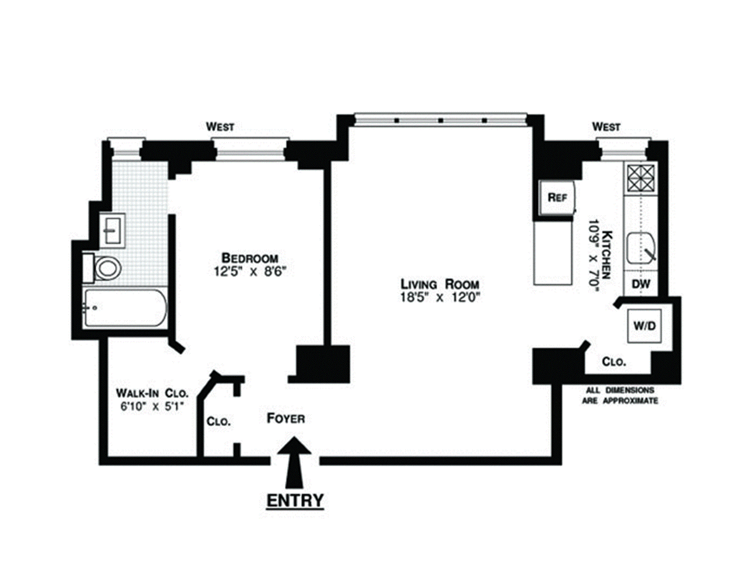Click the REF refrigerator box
click(x=557, y=198)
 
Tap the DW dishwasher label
click(x=641, y=283)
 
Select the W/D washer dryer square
click(x=644, y=326)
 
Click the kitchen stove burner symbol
click(x=641, y=178)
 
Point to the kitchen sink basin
click(x=641, y=249)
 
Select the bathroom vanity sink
click(x=112, y=231)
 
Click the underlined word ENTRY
click(x=295, y=501)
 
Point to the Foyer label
click(x=286, y=419)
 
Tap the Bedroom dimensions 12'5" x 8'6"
click(x=250, y=271)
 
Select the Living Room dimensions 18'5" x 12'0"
click(x=439, y=297)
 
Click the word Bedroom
click(x=250, y=258)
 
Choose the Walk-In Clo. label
click(x=152, y=393)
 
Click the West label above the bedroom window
click(x=220, y=127)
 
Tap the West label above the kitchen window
click(x=606, y=127)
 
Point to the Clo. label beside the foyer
click(x=219, y=422)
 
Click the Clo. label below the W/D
click(x=614, y=362)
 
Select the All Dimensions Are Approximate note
click(x=620, y=395)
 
